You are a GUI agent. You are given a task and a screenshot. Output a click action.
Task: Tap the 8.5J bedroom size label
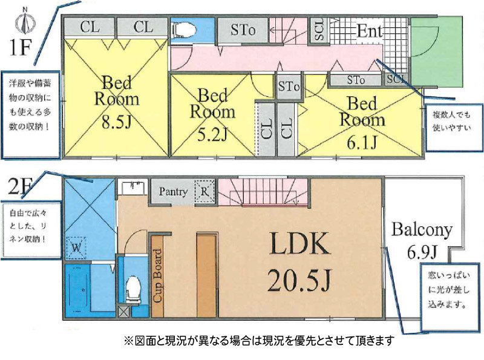(117, 122)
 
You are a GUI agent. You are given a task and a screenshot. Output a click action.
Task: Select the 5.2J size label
(212, 134)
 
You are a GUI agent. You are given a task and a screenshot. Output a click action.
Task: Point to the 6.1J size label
(362, 143)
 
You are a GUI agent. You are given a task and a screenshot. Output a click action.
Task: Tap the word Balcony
(422, 230)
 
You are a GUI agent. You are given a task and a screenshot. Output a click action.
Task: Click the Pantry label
(173, 192)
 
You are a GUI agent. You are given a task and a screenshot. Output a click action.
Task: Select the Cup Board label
(158, 276)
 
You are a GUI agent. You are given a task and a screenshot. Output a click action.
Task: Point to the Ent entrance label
(370, 31)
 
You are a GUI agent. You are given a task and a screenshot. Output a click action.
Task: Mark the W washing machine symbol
(76, 247)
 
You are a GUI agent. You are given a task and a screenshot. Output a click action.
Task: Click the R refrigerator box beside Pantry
(204, 191)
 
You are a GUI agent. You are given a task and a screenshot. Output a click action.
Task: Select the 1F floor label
(19, 48)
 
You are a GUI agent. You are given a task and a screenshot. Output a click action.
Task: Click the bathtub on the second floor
(77, 290)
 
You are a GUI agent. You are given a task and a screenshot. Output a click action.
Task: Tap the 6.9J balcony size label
(422, 253)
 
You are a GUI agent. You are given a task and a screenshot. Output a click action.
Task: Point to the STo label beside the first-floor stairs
(243, 30)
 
